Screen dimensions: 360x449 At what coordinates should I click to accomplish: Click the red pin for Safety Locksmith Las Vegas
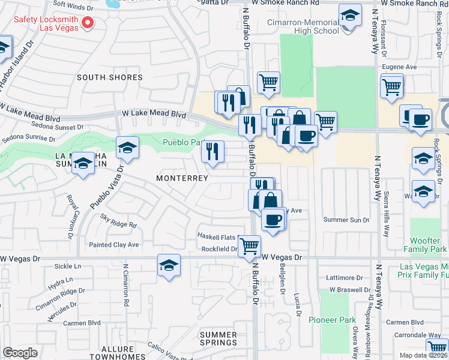coord(88,23)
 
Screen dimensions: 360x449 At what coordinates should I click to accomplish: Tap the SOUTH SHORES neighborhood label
coord(109,77)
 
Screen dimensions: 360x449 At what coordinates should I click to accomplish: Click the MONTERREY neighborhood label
coord(182,178)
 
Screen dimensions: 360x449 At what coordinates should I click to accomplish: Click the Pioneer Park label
coord(333,320)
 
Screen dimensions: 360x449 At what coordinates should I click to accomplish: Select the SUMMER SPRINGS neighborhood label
coord(218,338)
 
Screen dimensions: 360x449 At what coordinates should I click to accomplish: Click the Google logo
coord(20,353)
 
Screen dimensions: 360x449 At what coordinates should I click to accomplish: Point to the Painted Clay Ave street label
coord(113,245)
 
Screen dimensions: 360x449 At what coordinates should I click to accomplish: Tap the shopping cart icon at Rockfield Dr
coord(249,245)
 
